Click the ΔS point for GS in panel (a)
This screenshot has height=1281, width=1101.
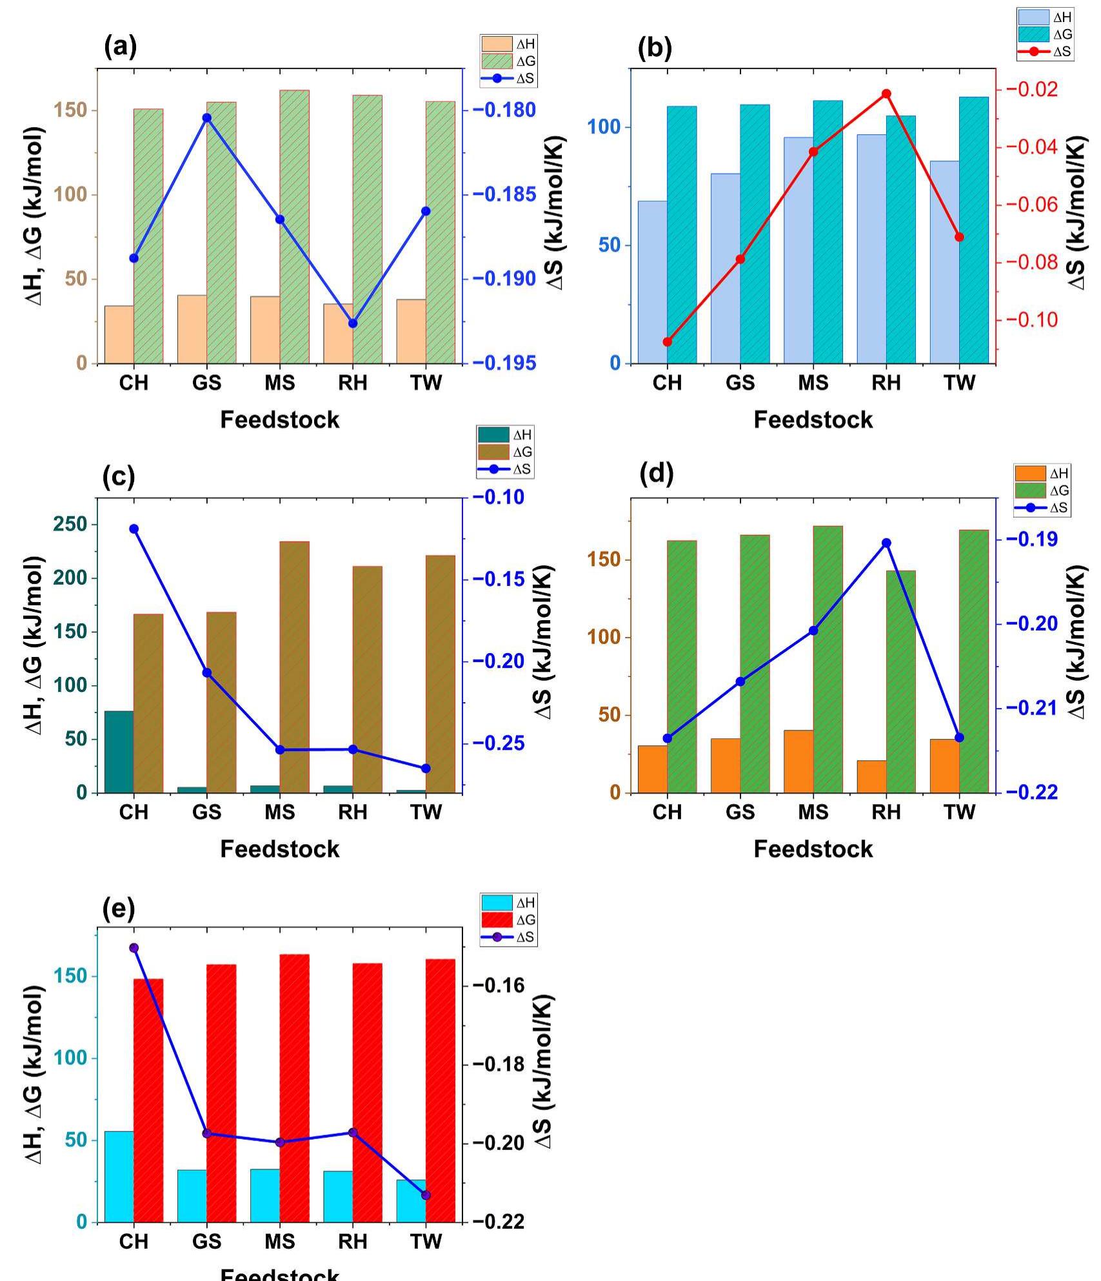pyautogui.click(x=207, y=118)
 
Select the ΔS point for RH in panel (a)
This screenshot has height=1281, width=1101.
pyautogui.click(x=353, y=323)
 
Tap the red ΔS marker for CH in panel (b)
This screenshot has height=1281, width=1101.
pyautogui.click(x=668, y=342)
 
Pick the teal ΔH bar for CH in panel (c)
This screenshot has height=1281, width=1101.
pyautogui.click(x=119, y=752)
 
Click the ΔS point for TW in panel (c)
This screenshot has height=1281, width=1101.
pyautogui.click(x=426, y=769)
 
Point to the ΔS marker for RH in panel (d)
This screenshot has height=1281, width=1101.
pyautogui.click(x=886, y=543)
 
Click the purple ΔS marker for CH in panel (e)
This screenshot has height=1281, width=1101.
pyautogui.click(x=134, y=948)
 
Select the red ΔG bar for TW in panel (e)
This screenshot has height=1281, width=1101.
pyautogui.click(x=441, y=1091)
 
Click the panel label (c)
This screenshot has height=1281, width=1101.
pyautogui.click(x=119, y=477)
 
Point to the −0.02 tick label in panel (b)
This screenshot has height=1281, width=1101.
pyautogui.click(x=1031, y=89)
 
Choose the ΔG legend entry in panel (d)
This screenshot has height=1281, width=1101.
pyautogui.click(x=1041, y=490)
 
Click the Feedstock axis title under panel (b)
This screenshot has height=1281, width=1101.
pyautogui.click(x=813, y=420)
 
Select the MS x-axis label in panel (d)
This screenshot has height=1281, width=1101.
pyautogui.click(x=813, y=812)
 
